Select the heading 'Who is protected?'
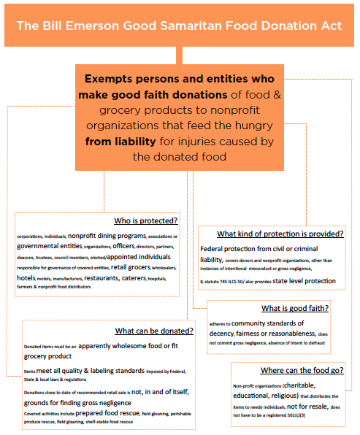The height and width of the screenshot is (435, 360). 146,221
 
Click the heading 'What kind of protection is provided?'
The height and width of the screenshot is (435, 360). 280,234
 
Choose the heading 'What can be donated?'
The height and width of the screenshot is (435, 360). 154,330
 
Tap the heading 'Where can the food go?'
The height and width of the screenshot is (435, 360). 302,370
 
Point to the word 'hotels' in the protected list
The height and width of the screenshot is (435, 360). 27,278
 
